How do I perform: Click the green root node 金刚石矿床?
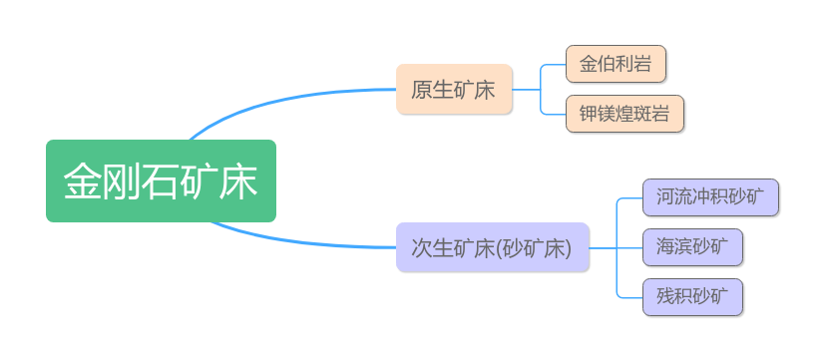point(162,181)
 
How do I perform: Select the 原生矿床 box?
point(454,89)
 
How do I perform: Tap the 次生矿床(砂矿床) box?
point(493,247)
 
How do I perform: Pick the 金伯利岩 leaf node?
point(616,64)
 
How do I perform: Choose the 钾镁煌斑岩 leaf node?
point(624,114)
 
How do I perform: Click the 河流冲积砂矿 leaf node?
point(710,197)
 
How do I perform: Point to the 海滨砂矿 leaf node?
point(693,247)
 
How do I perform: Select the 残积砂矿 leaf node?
point(693,297)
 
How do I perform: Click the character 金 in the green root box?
point(83,181)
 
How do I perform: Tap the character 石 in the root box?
point(161,181)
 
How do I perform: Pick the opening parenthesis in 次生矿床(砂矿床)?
point(499,247)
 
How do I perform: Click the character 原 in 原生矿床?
point(421,90)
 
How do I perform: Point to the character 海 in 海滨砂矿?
point(665,247)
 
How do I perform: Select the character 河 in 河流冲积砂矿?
point(665,197)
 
